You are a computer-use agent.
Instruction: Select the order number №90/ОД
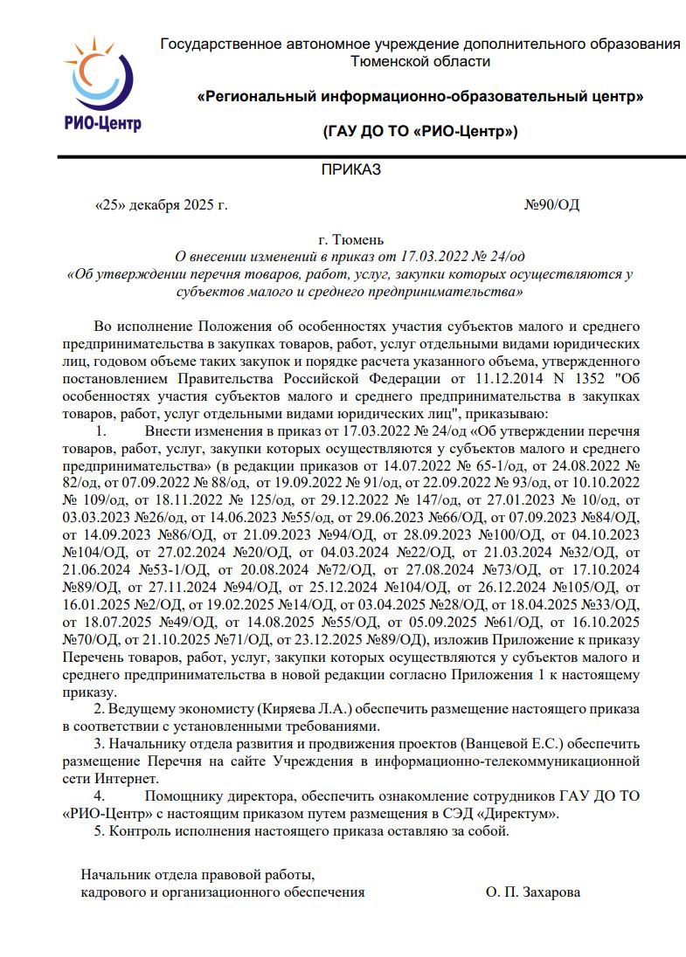tap(551, 205)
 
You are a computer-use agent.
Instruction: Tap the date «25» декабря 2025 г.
tap(161, 205)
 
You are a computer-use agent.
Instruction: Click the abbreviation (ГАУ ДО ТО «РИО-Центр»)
tap(420, 132)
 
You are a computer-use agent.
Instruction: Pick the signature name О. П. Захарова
tap(532, 892)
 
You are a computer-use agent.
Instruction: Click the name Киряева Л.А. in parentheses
tap(302, 708)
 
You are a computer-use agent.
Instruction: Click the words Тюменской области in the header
tap(419, 61)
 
